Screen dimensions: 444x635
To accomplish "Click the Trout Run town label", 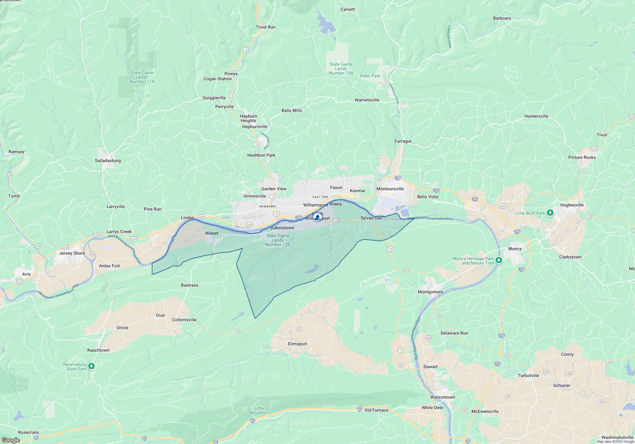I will click(265, 27).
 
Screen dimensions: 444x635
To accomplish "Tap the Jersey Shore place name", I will click(72, 253).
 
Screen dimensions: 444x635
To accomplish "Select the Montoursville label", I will click(390, 189).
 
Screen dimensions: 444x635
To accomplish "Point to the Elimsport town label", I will click(297, 344).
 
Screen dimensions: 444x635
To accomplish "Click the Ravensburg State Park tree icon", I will click(91, 366).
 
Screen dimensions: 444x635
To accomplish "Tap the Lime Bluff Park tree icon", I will click(550, 213).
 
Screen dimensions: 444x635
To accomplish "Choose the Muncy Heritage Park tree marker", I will click(499, 260).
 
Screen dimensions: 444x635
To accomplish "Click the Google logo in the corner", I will click(10, 440).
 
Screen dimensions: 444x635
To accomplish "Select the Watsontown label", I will click(442, 397).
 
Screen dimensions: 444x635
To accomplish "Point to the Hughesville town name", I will click(572, 205).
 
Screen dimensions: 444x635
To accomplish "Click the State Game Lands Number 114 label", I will click(142, 77).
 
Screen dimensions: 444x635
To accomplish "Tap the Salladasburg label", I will click(108, 160).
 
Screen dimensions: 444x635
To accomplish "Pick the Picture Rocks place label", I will click(582, 157).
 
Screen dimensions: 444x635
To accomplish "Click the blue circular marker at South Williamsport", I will click(317, 217).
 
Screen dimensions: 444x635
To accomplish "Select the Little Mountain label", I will click(259, 410).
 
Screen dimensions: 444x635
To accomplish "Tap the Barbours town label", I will click(502, 18).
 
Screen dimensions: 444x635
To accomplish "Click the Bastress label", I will click(190, 285).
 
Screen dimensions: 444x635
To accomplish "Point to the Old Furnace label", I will click(376, 410).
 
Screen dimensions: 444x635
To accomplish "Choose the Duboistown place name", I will click(282, 228).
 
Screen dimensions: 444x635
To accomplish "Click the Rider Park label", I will click(370, 76).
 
